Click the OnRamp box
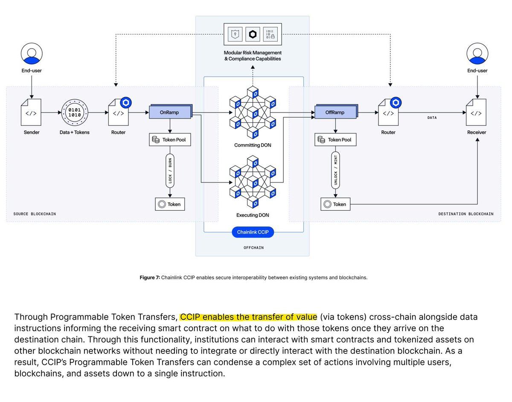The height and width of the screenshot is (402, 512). (x=169, y=112)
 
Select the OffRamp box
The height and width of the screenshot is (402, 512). (x=335, y=112)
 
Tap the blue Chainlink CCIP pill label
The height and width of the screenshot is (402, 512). (x=253, y=232)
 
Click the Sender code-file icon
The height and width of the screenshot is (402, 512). (x=31, y=112)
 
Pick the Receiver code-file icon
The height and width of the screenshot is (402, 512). (x=476, y=113)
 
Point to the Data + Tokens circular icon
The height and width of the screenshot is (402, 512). (x=75, y=112)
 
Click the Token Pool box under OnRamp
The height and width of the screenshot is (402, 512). (x=170, y=139)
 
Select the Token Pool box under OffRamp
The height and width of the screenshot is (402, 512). (x=335, y=139)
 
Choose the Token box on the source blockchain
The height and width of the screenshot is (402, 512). (x=169, y=204)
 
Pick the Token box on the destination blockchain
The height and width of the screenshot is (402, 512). (x=335, y=204)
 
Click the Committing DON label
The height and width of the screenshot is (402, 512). (x=253, y=145)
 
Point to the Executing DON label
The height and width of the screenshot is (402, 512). (x=253, y=215)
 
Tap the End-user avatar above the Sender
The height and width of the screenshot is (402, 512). (x=32, y=54)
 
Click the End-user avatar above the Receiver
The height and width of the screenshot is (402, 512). (x=477, y=54)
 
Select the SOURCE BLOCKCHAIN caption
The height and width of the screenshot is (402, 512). (x=35, y=214)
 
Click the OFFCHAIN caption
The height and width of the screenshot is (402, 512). (x=253, y=248)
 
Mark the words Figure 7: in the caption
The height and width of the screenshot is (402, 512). (x=150, y=278)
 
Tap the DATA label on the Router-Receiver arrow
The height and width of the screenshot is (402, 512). (x=432, y=118)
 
